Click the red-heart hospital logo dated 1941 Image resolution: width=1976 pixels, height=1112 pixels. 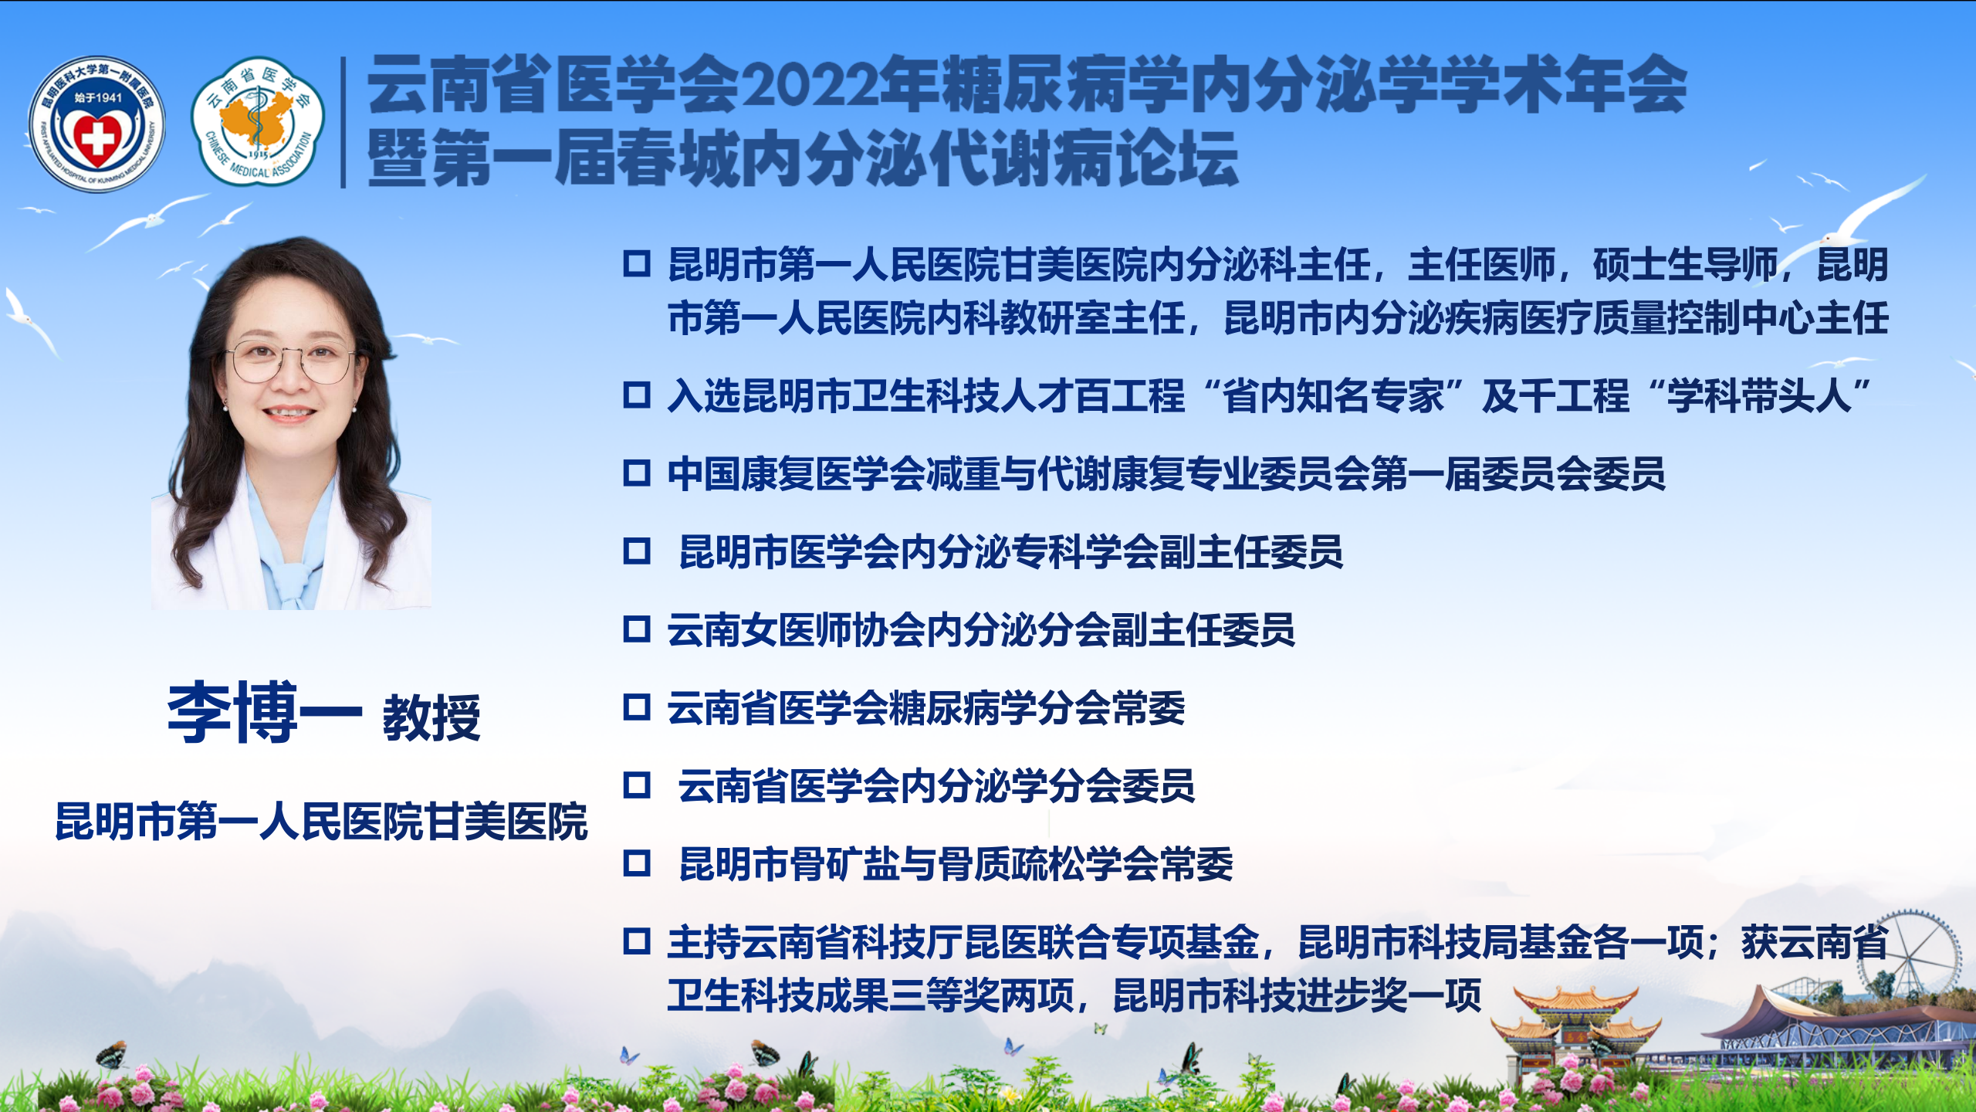pos(96,124)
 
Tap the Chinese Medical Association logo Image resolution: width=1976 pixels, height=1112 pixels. pos(258,121)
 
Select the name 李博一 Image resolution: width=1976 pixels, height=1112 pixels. pos(265,712)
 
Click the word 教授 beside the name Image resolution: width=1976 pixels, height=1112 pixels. pos(431,717)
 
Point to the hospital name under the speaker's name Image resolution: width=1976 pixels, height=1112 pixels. pos(322,821)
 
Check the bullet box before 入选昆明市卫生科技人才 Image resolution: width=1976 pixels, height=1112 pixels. pos(637,395)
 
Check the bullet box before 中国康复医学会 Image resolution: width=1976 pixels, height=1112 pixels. pos(637,473)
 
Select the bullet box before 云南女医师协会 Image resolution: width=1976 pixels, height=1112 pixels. pos(637,629)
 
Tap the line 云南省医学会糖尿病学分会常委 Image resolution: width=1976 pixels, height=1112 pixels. pos(926,708)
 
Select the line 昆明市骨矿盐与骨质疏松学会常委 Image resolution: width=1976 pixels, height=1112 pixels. pos(956,863)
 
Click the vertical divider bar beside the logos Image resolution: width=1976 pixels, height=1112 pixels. pos(343,122)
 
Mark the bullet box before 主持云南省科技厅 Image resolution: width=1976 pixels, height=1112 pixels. pos(637,941)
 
